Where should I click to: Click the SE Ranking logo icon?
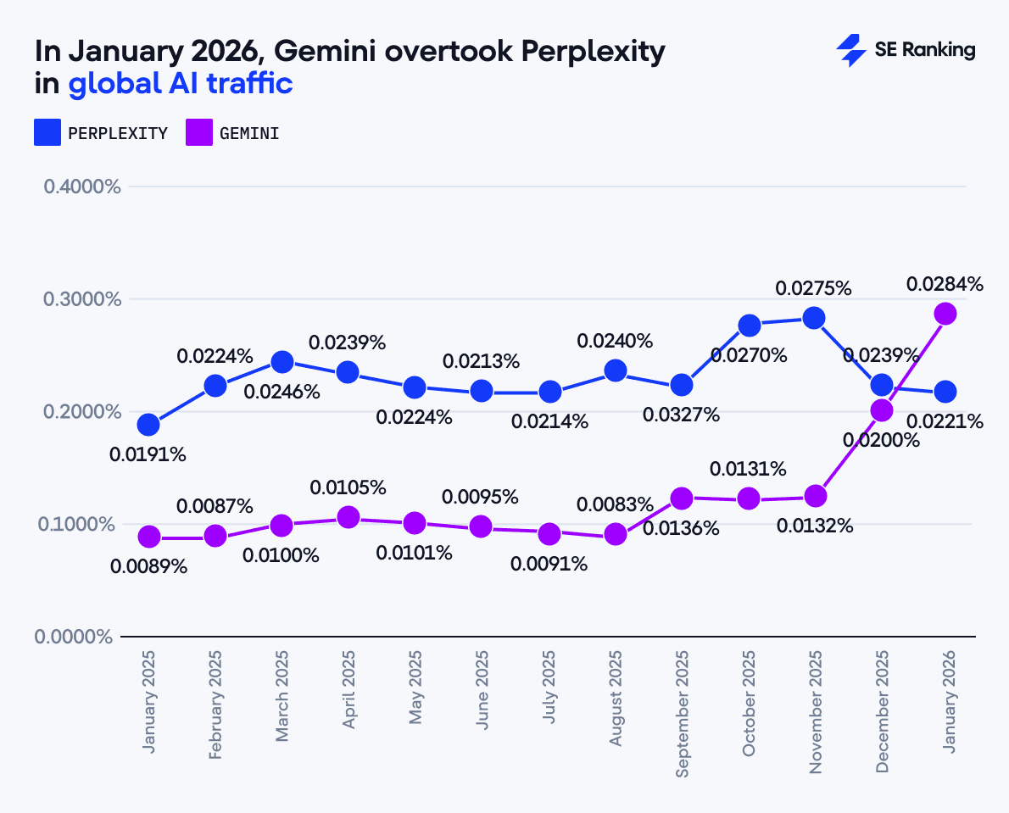coord(850,51)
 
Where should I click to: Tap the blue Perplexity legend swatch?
coord(47,133)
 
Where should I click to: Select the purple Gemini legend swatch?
coord(199,133)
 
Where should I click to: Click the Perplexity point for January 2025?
coord(148,424)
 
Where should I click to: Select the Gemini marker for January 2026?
coord(945,314)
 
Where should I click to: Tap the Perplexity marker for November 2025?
coord(814,318)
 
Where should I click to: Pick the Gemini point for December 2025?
coord(882,410)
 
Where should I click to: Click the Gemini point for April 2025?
coord(348,517)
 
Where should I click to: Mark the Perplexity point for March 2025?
coord(282,362)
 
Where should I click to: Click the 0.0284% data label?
coord(945,285)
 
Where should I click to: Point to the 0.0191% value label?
coord(148,454)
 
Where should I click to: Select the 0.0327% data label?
coord(681,415)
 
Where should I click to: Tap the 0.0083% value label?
coord(615,504)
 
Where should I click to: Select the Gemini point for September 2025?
coord(682,498)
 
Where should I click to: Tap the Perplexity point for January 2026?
coord(945,392)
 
